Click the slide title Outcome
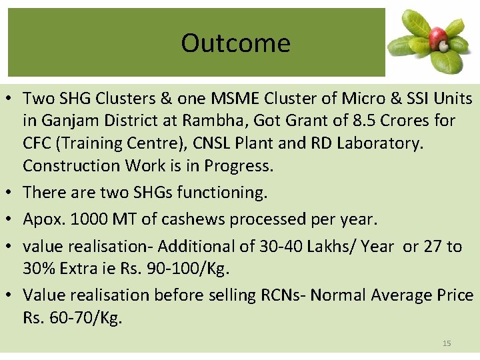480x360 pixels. click(x=235, y=43)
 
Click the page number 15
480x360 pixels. click(x=447, y=343)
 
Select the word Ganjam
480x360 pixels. click(x=66, y=121)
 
